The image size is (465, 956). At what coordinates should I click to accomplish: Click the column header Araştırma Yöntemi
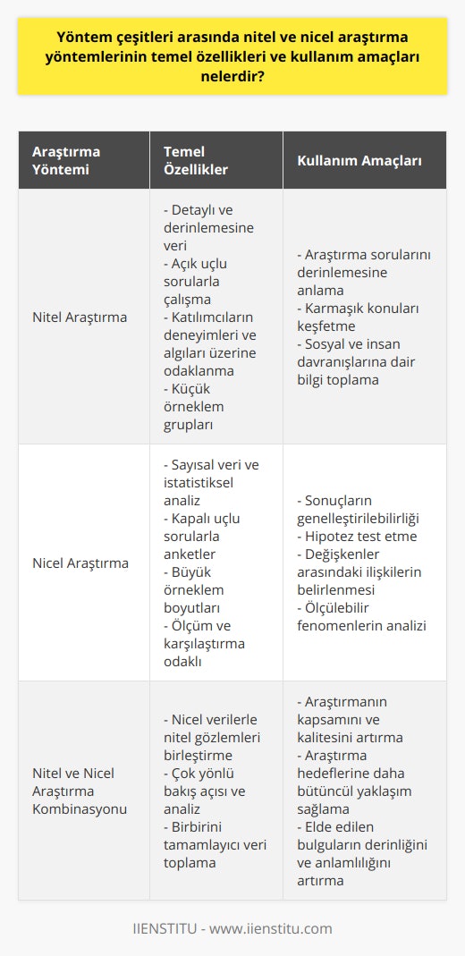coord(67,160)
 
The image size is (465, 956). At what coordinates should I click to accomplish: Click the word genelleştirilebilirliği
coord(368,519)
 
